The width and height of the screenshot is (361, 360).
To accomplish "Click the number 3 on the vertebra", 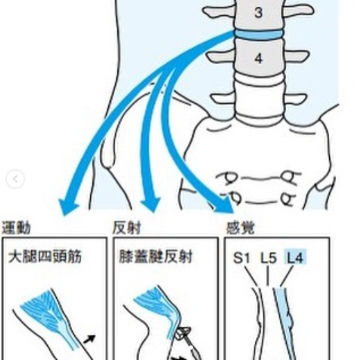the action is [258, 12].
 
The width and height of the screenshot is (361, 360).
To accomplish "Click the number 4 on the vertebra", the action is [258, 58].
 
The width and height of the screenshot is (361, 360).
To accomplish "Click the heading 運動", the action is [16, 228].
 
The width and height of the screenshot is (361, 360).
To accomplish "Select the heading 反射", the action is [127, 228].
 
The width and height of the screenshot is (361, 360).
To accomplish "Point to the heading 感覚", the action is [240, 228].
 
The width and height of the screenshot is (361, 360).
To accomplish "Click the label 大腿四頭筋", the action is [45, 257].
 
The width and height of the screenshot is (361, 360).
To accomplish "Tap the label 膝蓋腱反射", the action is [156, 257].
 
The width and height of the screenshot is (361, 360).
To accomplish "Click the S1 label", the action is [242, 257].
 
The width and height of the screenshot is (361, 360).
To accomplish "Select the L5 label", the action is [269, 257].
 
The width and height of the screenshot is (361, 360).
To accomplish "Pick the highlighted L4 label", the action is [295, 257].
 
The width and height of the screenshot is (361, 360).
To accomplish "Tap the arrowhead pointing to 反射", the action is [151, 205].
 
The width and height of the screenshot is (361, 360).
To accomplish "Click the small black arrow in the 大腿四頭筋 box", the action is [90, 339].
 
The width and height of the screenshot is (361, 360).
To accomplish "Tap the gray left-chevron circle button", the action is [15, 179].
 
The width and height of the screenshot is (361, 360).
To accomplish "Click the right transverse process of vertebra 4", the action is [296, 56].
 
